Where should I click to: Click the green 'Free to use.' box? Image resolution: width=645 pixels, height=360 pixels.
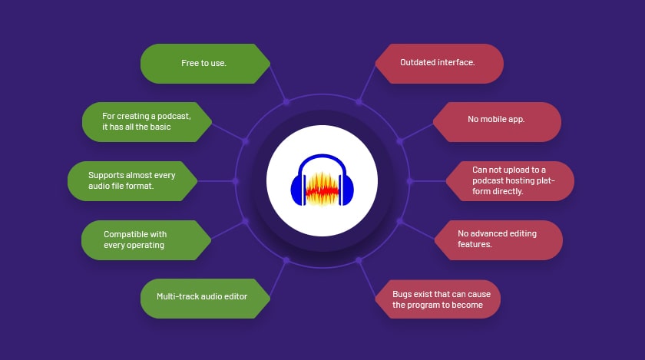point(205,64)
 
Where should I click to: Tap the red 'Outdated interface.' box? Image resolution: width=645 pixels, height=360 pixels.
point(439,64)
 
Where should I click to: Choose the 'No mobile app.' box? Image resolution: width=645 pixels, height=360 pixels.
point(497,122)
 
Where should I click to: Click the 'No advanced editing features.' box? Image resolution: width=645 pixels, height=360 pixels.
point(498,239)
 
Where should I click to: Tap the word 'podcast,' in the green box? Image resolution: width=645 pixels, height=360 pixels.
point(174,117)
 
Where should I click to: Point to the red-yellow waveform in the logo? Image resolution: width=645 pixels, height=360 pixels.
point(322,189)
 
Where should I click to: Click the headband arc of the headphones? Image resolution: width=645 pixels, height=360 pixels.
point(322,157)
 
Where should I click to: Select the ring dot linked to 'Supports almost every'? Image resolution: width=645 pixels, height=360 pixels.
point(235,181)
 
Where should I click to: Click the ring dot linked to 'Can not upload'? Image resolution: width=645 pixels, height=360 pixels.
point(410,181)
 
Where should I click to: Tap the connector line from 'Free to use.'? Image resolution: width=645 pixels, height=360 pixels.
point(278,82)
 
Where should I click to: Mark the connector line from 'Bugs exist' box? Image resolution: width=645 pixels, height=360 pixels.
point(367,278)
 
